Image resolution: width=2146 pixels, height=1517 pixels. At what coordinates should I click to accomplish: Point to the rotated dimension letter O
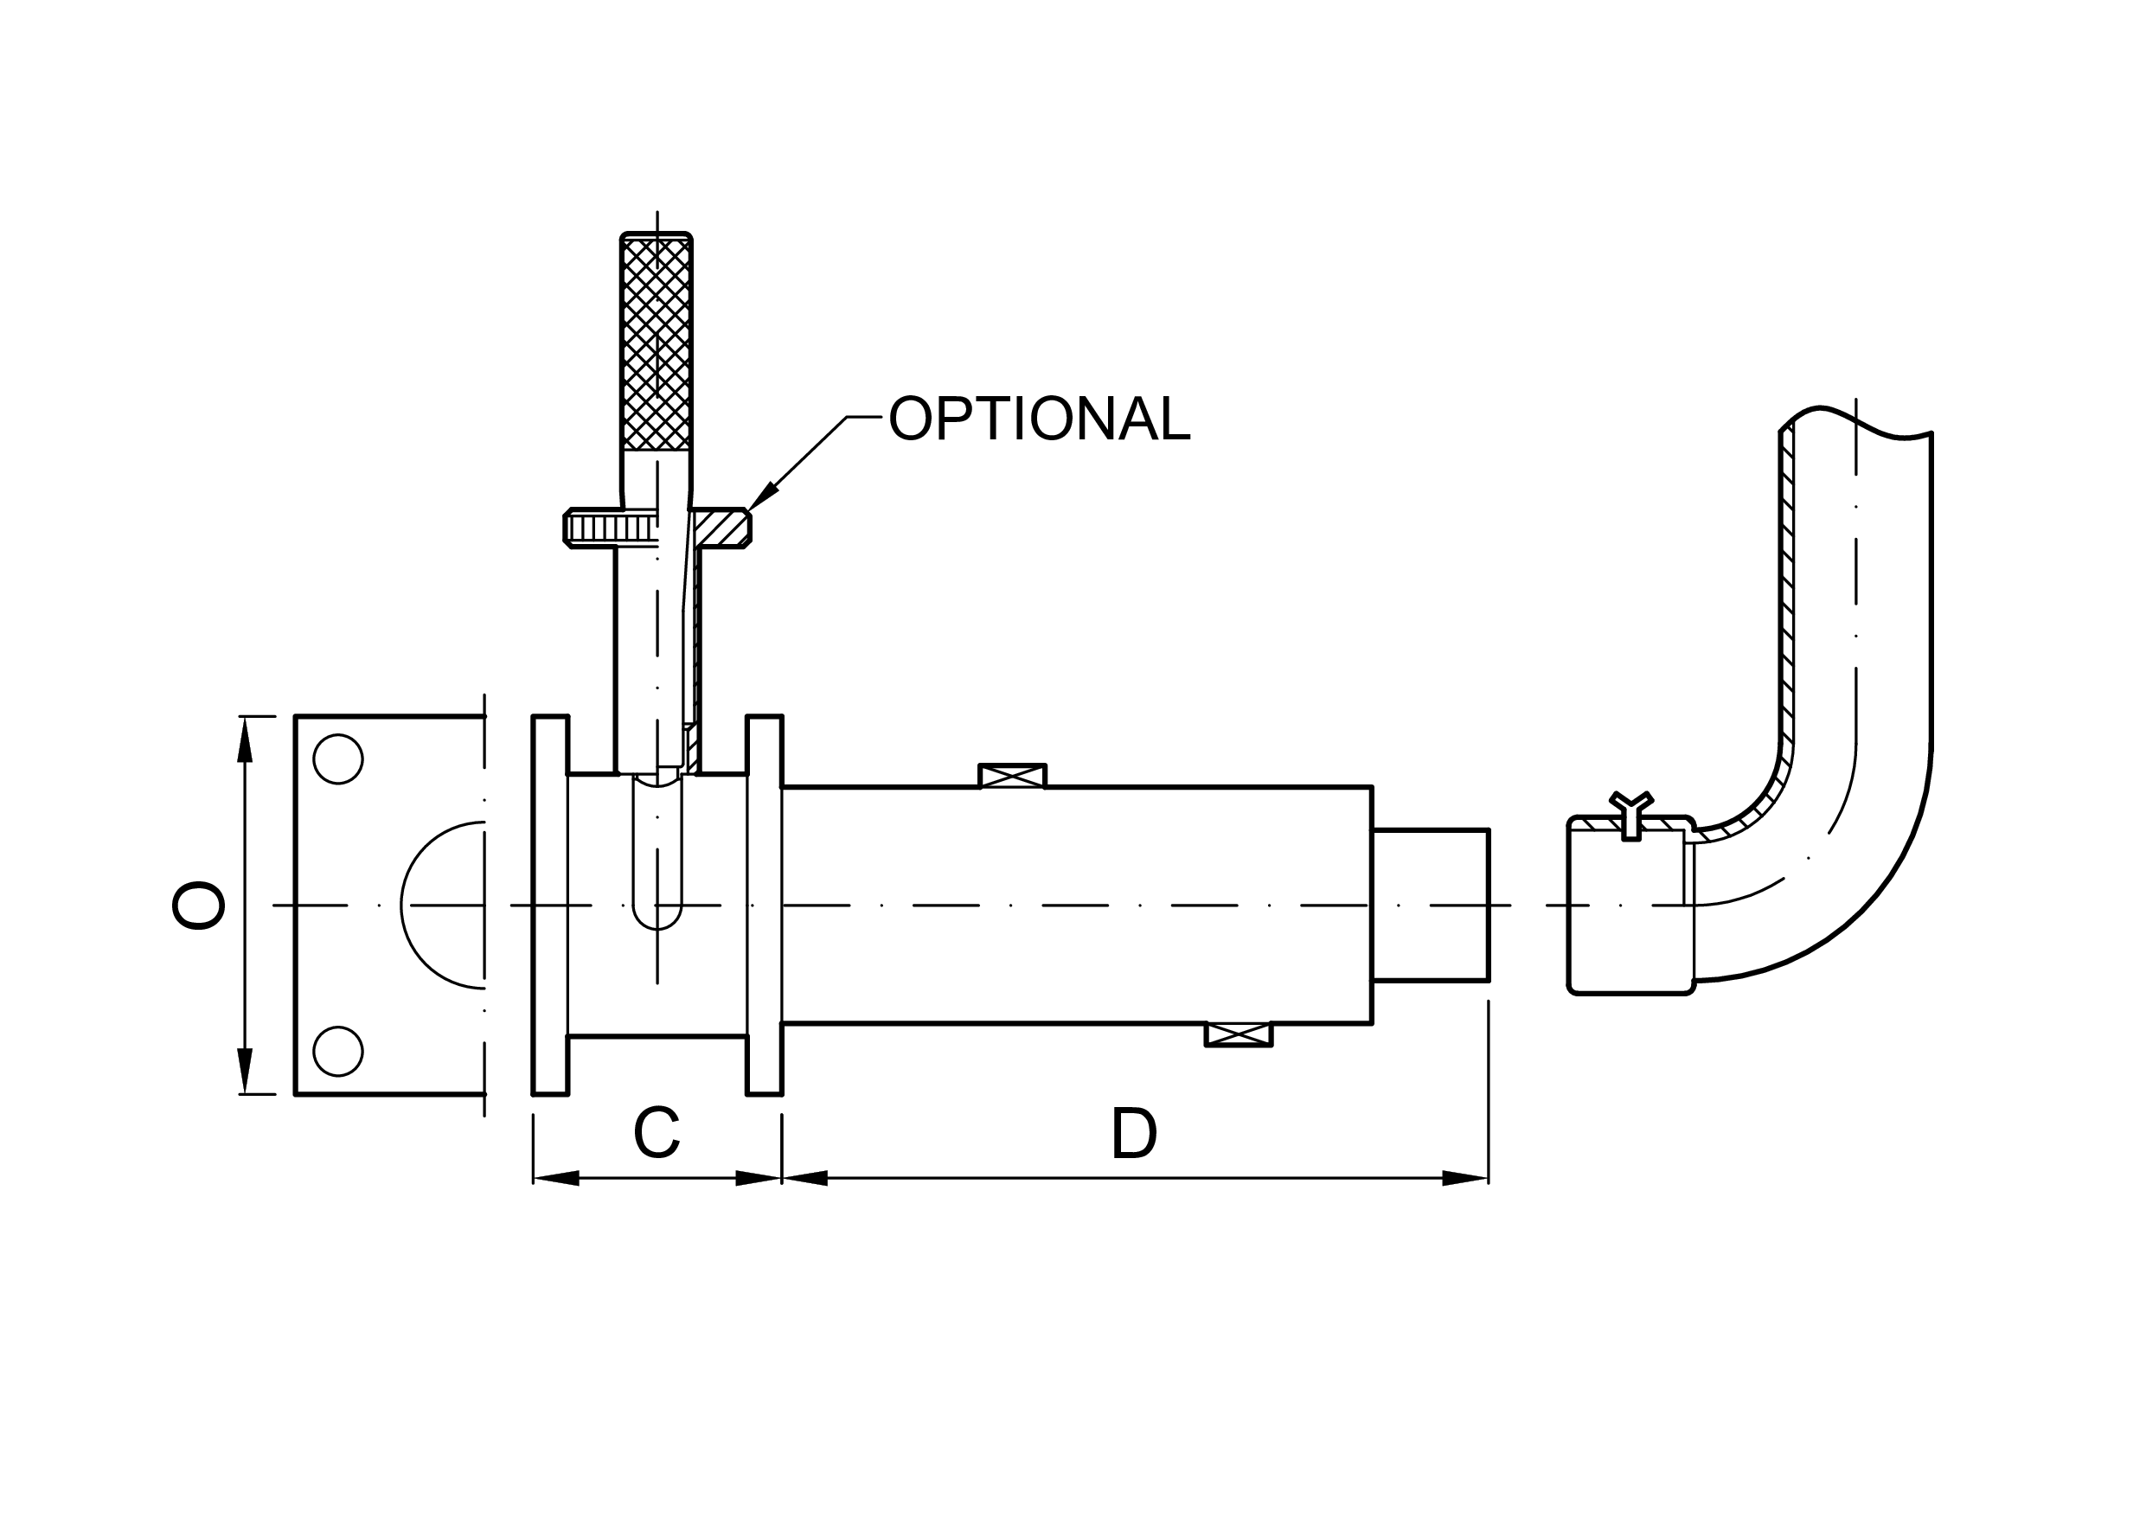click(198, 906)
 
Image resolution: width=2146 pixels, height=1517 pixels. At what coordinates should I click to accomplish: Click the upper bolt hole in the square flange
click(337, 759)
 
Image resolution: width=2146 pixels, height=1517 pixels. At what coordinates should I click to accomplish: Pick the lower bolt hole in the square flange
click(337, 1051)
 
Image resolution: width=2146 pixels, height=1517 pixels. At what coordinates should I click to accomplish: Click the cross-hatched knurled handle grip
click(657, 343)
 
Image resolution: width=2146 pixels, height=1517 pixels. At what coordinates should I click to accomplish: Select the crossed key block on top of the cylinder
click(1012, 776)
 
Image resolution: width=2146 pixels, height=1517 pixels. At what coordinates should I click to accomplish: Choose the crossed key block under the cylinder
click(1239, 1034)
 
